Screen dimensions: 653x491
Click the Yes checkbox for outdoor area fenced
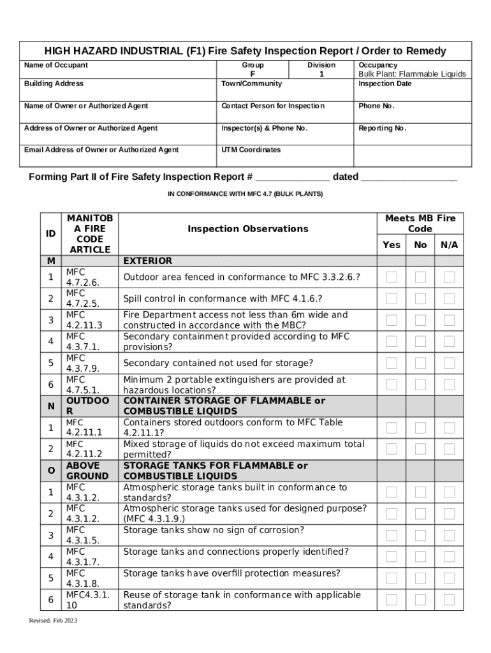(392, 277)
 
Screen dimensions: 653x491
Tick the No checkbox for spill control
(421, 298)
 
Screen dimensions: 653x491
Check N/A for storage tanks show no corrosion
(450, 535)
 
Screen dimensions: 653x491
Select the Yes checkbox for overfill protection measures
(392, 578)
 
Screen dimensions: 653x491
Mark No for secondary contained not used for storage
(421, 363)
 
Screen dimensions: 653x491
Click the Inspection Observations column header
(247, 228)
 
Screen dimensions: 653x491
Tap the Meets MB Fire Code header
(420, 223)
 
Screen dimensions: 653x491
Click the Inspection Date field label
(385, 84)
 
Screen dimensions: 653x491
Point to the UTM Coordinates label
(251, 150)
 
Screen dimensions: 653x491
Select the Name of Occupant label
(56, 65)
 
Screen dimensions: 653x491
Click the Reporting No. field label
(382, 128)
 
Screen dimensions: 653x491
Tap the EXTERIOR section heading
(147, 261)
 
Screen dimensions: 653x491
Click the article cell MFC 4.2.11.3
(84, 319)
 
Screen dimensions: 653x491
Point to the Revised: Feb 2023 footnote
(53, 620)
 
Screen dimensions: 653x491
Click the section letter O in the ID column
(50, 471)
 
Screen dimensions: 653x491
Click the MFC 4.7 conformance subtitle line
(245, 194)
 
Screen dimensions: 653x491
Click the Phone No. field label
(376, 106)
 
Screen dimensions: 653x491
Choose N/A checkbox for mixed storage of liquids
(450, 449)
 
